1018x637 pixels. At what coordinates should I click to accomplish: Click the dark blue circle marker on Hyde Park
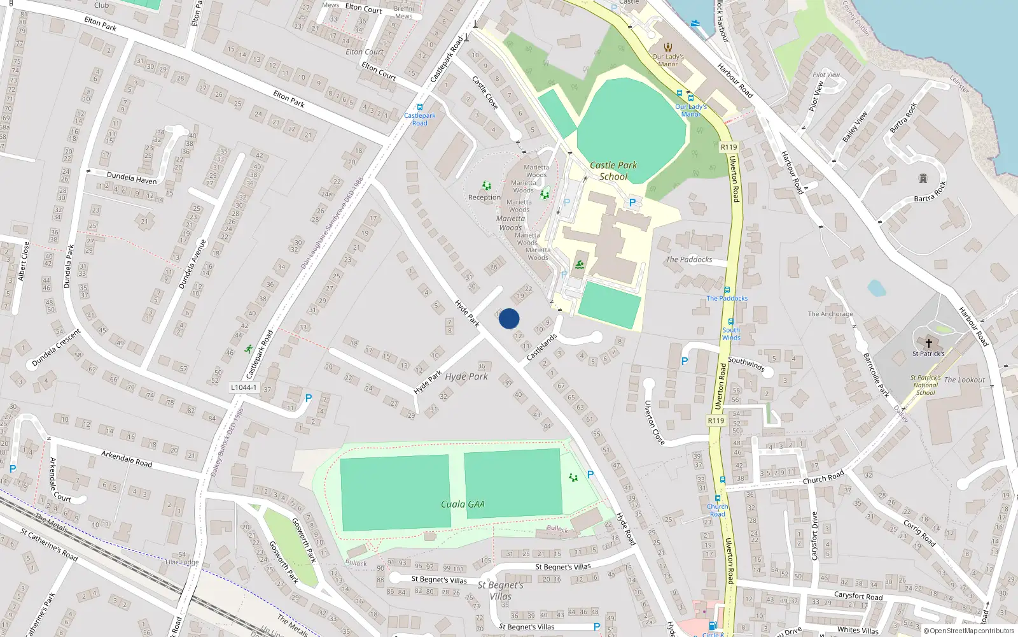point(509,318)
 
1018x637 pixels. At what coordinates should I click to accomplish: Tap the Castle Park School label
point(613,171)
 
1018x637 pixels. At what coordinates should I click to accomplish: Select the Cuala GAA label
point(463,504)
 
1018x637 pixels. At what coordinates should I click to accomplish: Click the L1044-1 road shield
point(244,387)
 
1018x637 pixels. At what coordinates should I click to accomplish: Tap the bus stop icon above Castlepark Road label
point(419,107)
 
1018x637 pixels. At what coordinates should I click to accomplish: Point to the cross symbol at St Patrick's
point(928,343)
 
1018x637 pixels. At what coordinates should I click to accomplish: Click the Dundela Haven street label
point(132,178)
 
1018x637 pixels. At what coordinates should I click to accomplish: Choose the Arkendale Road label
point(127,459)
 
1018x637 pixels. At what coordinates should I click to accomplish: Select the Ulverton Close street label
point(654,422)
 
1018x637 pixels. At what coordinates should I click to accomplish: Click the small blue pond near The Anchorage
point(876,289)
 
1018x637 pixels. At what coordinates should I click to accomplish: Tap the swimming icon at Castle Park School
point(579,265)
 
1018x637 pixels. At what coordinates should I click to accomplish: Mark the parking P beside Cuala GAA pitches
point(590,475)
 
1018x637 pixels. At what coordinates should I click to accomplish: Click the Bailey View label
point(854,127)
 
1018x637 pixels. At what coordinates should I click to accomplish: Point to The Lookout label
point(964,380)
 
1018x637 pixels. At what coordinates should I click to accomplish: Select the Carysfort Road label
point(858,596)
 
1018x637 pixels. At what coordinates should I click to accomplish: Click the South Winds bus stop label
point(731,333)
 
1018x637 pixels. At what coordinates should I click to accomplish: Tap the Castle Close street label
point(485,92)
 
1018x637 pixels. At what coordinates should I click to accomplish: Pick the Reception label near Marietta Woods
point(484,197)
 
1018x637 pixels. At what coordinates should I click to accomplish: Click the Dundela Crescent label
point(57,348)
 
